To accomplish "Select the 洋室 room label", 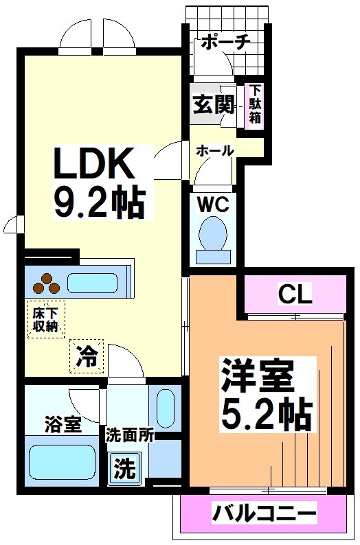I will point(257,376).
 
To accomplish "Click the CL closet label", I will point(295,294).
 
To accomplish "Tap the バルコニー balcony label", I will point(264,512).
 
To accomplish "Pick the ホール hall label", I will point(215,150).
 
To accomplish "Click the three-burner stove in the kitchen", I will point(45,282).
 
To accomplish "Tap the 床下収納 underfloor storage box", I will point(45,319).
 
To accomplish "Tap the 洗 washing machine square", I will point(124,468).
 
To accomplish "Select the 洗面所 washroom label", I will point(129,434).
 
